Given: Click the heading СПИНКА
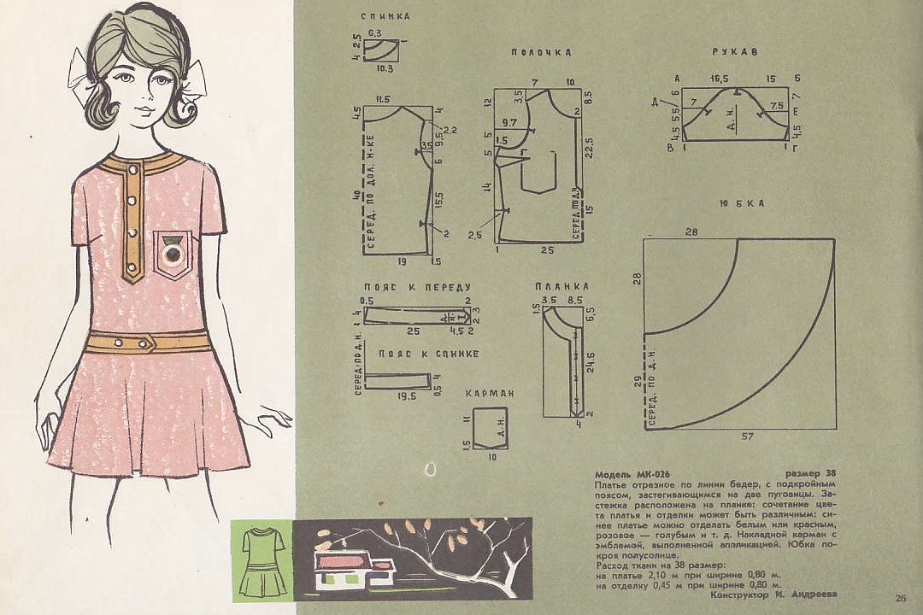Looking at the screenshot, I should click(x=385, y=16).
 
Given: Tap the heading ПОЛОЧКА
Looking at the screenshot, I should click(x=541, y=53).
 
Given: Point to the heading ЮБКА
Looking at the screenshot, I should click(x=741, y=203).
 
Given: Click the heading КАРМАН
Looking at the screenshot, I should click(x=490, y=394).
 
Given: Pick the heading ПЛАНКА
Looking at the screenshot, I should click(x=561, y=286).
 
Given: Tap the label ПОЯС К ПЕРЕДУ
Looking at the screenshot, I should click(x=417, y=287).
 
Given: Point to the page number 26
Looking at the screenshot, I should click(x=901, y=597).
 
